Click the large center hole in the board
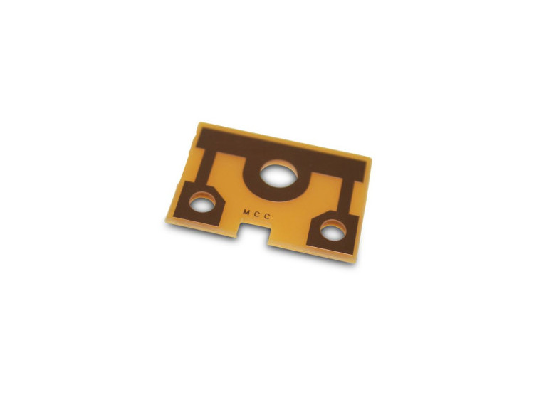click(278, 174)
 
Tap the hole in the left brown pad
click(202, 201)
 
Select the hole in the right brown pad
click(333, 230)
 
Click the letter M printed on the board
click(246, 212)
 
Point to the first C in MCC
click(257, 214)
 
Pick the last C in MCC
click(267, 216)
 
